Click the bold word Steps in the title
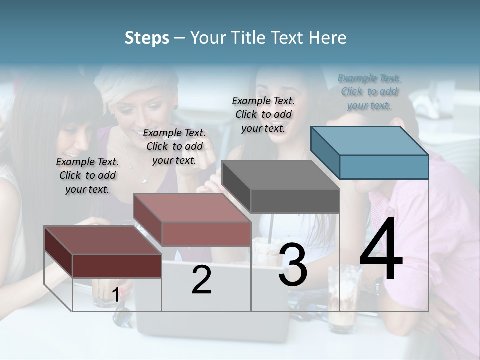(147, 38)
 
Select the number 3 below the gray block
(293, 265)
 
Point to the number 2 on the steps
(201, 280)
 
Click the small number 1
(115, 295)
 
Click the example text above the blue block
(369, 92)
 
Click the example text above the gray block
(263, 114)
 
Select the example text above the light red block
(174, 146)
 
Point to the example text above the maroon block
(87, 175)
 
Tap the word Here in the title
(328, 38)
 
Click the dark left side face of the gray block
(236, 187)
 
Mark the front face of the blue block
(384, 167)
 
